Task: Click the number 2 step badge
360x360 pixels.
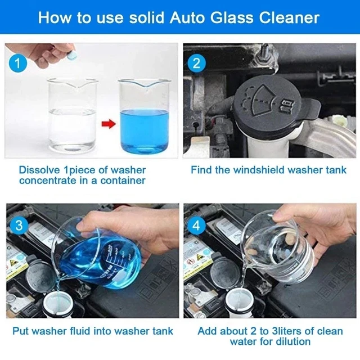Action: pos(196,62)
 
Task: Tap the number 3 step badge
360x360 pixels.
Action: pos(19,226)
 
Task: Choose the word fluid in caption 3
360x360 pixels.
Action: pos(82,331)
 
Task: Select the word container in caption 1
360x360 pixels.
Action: pos(121,181)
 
